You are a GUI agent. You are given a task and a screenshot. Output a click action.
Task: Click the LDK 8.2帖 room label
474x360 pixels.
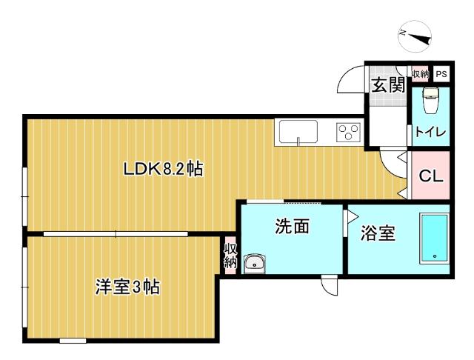[x=163, y=169]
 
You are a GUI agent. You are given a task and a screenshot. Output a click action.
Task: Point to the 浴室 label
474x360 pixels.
[x=378, y=234]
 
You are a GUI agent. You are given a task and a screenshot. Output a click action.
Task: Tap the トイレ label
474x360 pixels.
[x=430, y=133]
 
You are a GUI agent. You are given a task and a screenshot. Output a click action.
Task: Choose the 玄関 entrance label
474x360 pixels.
[x=387, y=84]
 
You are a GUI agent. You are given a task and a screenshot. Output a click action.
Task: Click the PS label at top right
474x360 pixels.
[x=441, y=74]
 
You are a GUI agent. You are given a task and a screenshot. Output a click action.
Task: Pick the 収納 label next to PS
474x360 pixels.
[x=420, y=74]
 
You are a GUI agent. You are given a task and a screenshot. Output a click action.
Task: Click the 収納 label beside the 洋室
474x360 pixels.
[x=230, y=254]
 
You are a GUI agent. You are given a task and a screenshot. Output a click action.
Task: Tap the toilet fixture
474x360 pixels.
[x=430, y=100]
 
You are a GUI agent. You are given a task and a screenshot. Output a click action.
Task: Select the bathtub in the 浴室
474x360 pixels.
[x=435, y=238]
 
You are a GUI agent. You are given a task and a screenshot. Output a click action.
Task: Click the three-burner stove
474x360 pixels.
[x=348, y=131]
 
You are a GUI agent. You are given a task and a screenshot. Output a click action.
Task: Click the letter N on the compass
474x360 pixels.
[x=403, y=32]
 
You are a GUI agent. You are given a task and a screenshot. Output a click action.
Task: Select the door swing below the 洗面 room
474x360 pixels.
[x=329, y=284]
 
